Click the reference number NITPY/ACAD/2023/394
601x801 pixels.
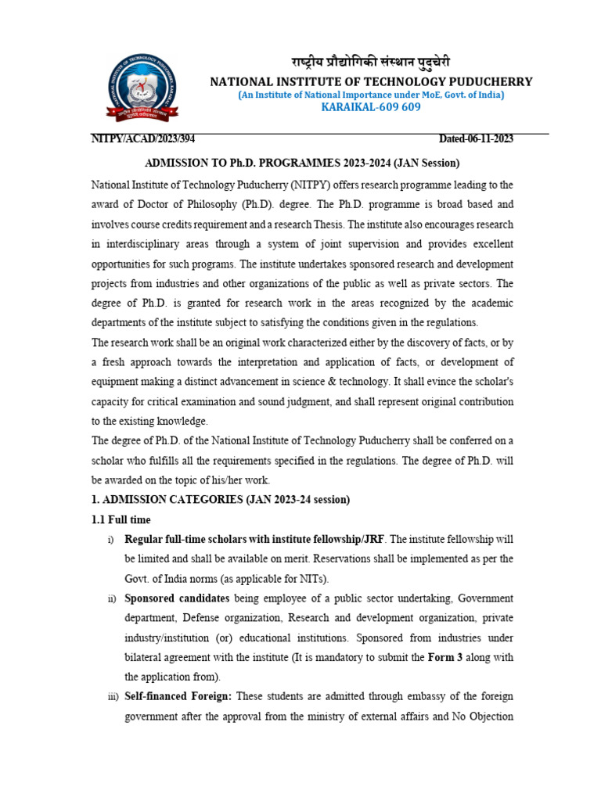click(143, 139)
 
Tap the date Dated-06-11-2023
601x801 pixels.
click(476, 139)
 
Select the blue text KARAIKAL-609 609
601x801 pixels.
click(372, 107)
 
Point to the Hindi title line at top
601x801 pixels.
click(372, 63)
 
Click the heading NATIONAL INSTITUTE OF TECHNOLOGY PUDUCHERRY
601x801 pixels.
click(372, 81)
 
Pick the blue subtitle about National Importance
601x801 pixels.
click(372, 95)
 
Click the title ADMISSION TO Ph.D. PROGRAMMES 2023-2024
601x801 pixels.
click(302, 163)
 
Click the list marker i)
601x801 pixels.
click(110, 540)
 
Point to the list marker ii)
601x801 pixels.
click(110, 598)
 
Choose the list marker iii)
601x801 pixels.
click(111, 696)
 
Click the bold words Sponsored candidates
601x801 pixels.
click(177, 598)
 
